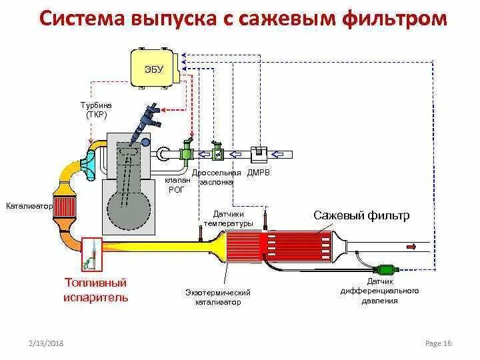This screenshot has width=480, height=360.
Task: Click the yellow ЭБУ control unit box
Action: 155,67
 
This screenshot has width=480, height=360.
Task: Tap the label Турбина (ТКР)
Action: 97,110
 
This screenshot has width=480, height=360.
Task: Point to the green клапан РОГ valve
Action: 187,151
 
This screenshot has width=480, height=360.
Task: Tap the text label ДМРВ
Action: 258,173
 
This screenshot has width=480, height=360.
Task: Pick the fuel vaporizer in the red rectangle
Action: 91,255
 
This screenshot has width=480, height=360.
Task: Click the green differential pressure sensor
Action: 387,270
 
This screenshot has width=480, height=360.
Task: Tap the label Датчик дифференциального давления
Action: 379,291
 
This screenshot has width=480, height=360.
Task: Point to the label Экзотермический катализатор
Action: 218,297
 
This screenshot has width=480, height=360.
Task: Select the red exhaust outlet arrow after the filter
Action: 409,247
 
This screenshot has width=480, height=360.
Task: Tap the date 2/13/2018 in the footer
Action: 46,343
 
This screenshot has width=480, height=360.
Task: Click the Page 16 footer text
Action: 438,343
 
